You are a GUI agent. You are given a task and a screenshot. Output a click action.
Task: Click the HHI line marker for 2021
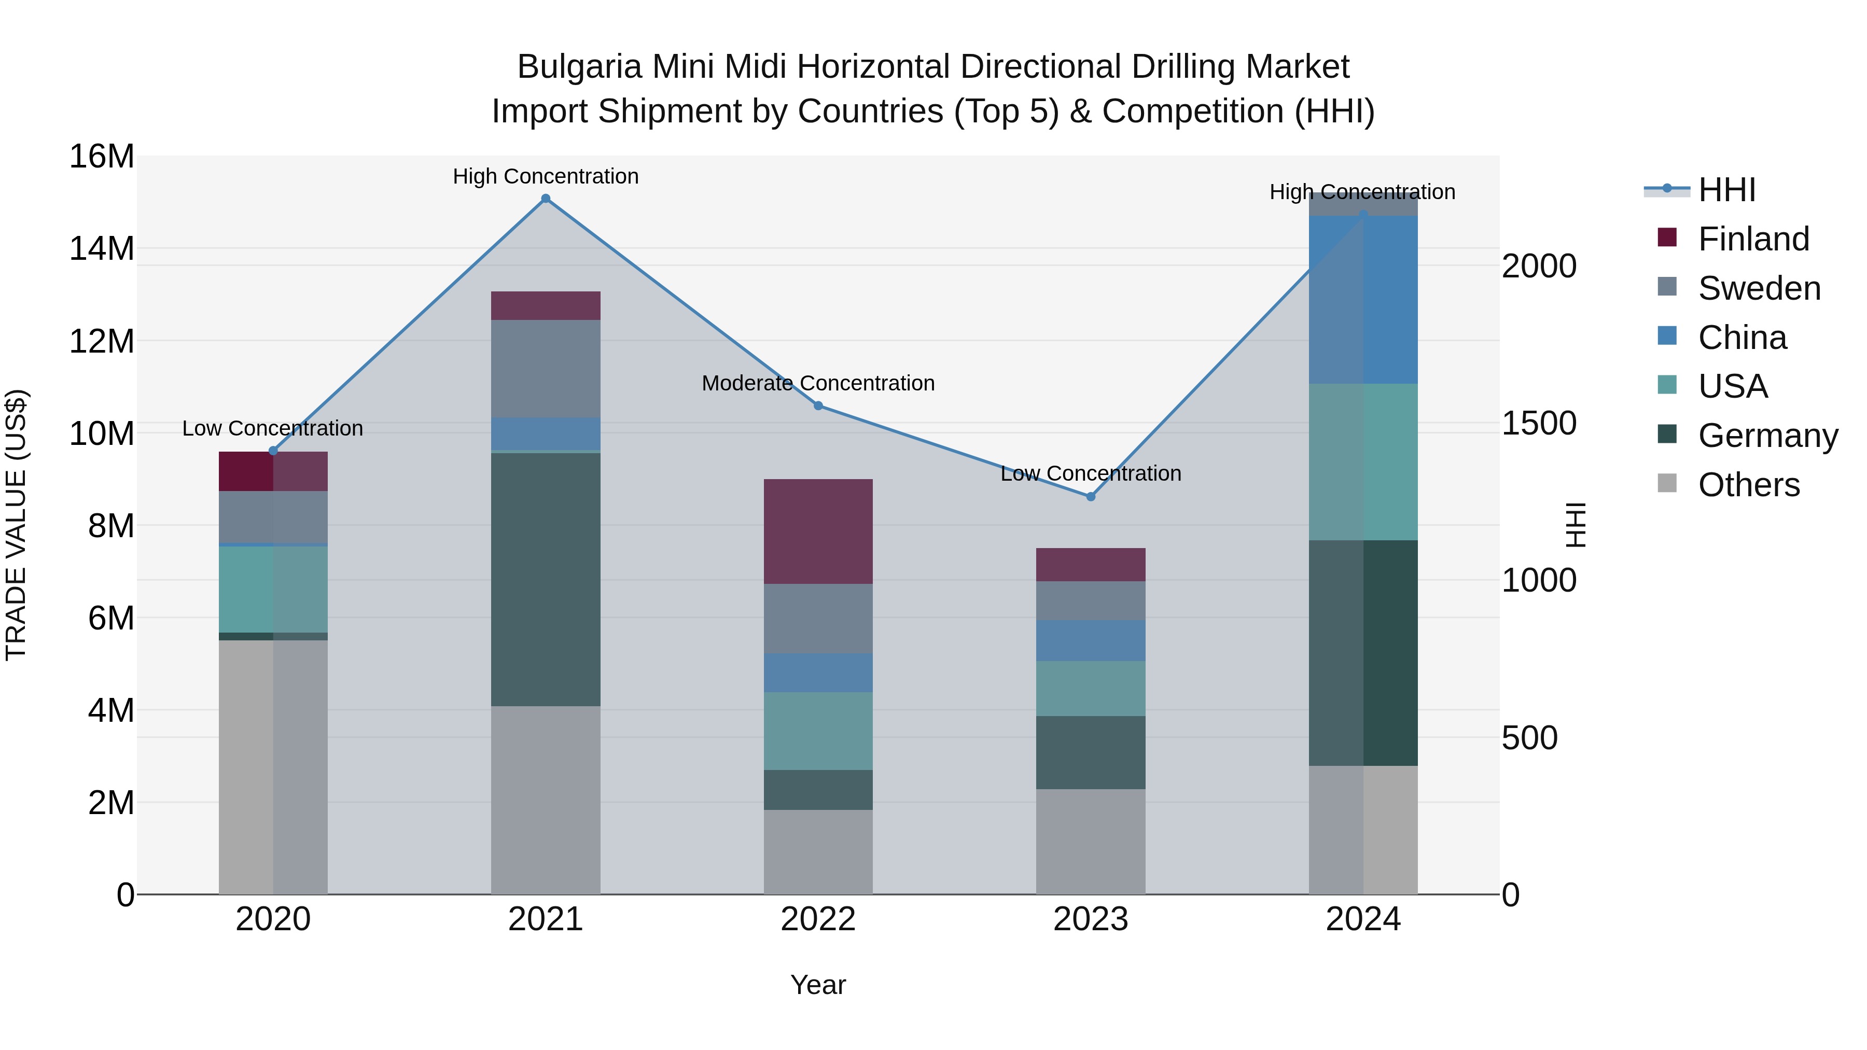pyautogui.click(x=546, y=199)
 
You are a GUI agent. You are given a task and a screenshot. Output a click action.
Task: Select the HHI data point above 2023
pyautogui.click(x=1090, y=496)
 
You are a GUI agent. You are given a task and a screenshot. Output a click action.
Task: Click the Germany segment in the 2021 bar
pyautogui.click(x=546, y=579)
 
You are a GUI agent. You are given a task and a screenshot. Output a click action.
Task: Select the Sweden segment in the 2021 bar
pyautogui.click(x=546, y=368)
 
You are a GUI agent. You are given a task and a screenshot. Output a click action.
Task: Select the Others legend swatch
pyautogui.click(x=1667, y=483)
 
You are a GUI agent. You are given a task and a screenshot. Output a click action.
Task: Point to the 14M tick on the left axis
pyautogui.click(x=102, y=248)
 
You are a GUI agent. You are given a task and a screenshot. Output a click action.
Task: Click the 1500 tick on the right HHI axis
pyautogui.click(x=1538, y=423)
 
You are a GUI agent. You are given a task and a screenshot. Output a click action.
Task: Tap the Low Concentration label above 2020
pyautogui.click(x=272, y=428)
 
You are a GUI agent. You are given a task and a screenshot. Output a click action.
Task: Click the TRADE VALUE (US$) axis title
pyautogui.click(x=17, y=525)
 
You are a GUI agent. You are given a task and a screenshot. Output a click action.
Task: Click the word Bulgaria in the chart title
pyautogui.click(x=579, y=67)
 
